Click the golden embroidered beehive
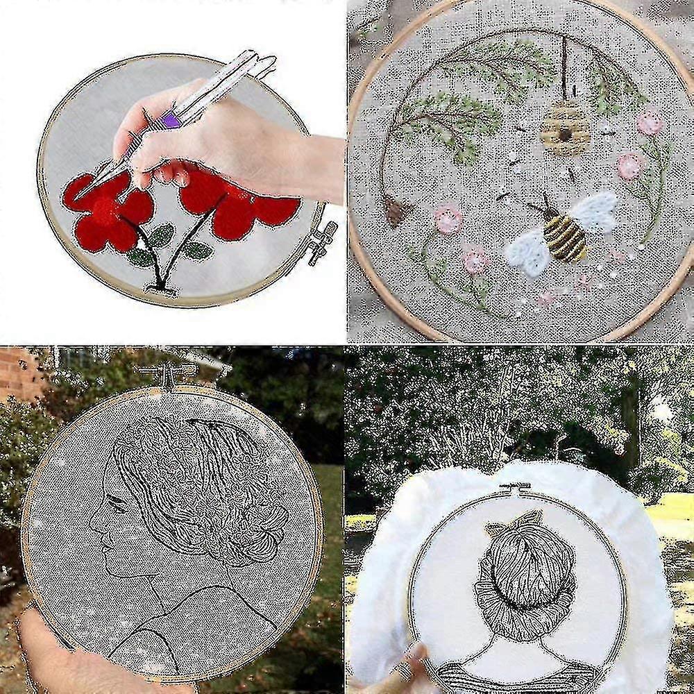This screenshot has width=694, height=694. (x=564, y=128)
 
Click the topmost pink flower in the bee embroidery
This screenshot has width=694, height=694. (x=650, y=124)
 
